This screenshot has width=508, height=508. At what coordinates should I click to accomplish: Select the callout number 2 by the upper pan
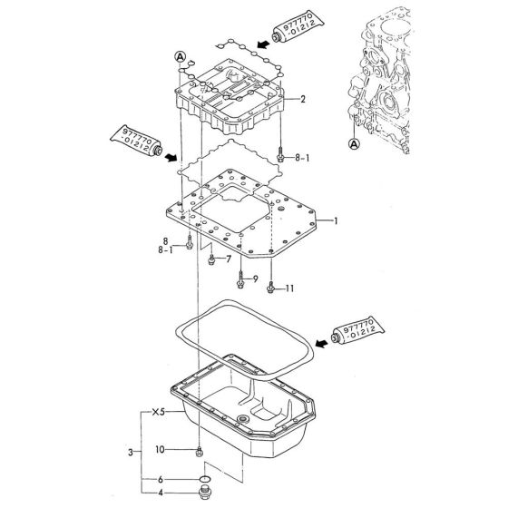click(303, 100)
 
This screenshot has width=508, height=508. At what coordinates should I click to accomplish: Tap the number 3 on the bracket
click(133, 451)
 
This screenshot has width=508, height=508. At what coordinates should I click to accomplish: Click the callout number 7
click(228, 259)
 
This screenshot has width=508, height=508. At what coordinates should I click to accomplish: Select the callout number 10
click(160, 450)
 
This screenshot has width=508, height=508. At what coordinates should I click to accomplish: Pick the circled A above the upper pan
click(181, 56)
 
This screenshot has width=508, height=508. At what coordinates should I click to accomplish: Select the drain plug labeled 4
click(202, 495)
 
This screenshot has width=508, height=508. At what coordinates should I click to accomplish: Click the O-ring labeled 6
click(202, 478)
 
